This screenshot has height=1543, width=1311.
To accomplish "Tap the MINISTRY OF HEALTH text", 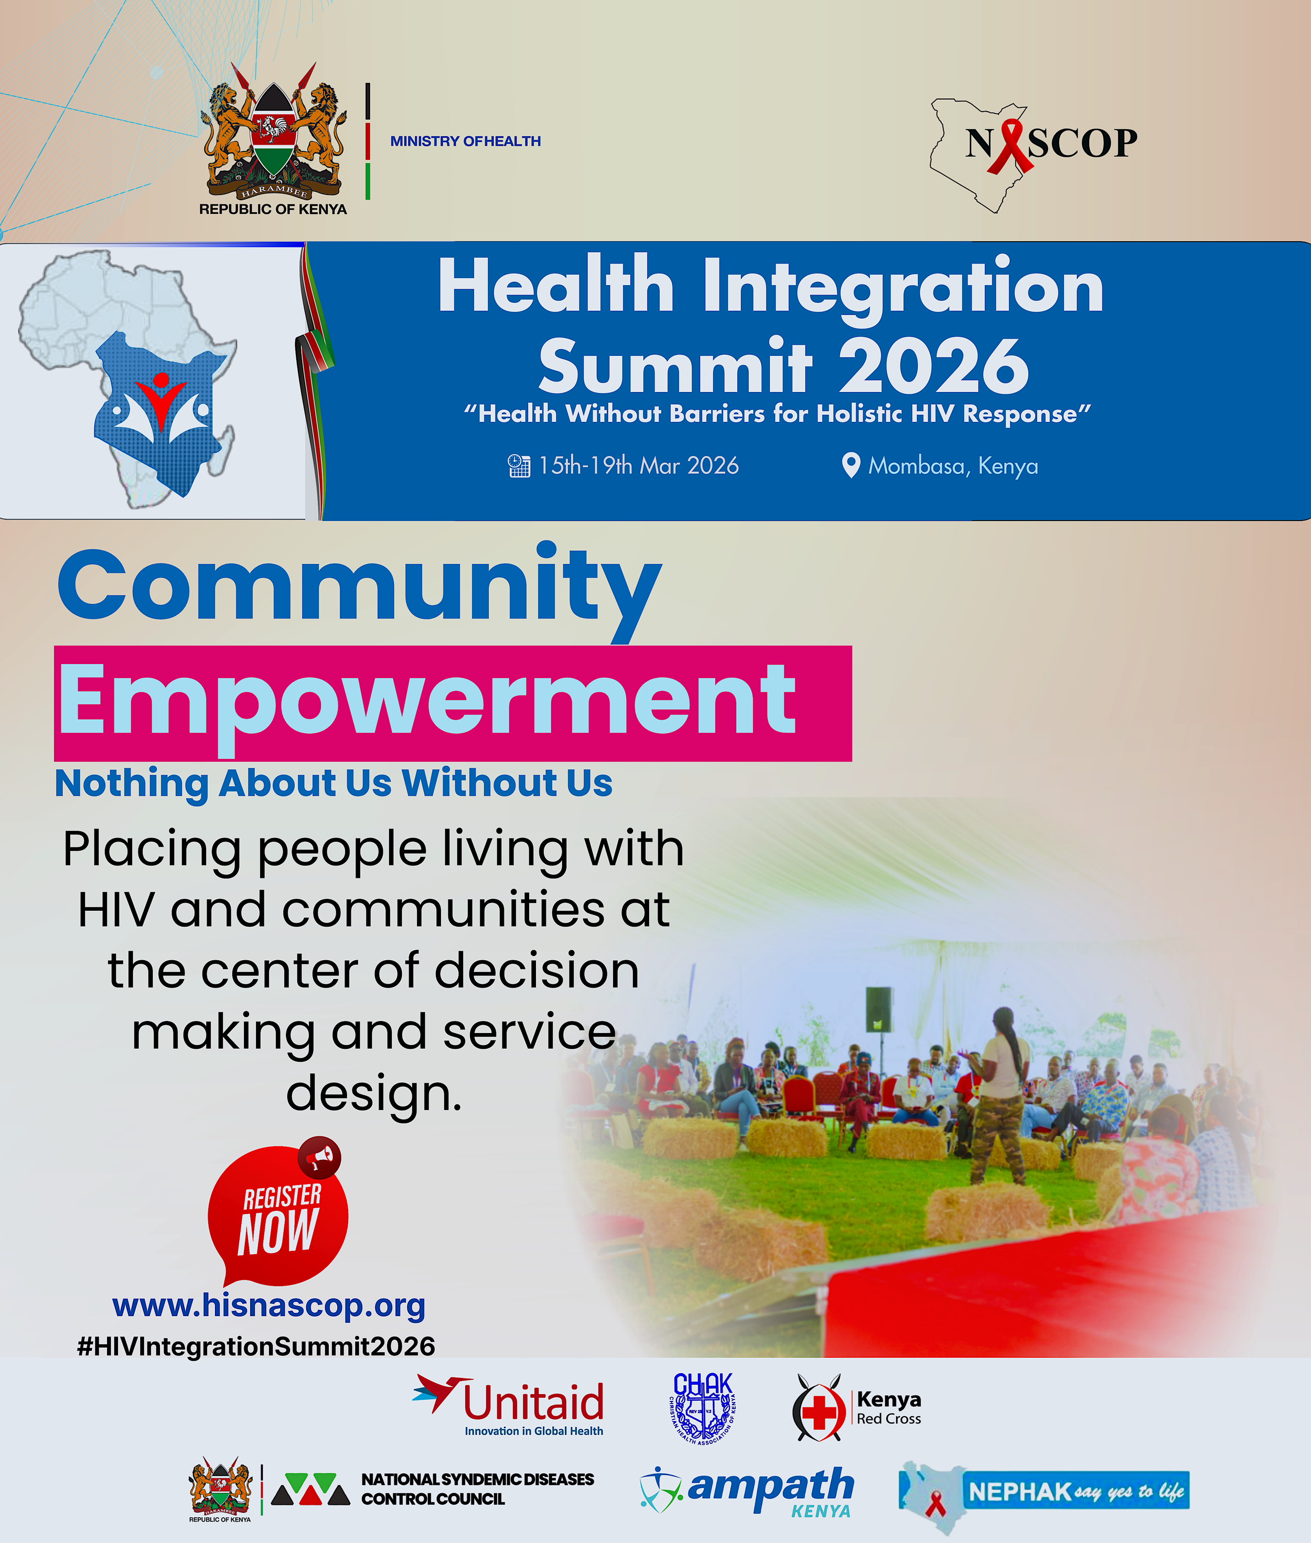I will [x=465, y=141].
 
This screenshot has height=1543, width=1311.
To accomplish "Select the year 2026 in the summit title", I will [x=934, y=365].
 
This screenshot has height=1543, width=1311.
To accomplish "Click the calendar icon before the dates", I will [x=519, y=466].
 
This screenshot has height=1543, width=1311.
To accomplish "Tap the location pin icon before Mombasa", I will [x=850, y=465].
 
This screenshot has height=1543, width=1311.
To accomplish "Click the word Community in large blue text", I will [x=359, y=587].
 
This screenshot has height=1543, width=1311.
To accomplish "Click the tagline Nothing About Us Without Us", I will [x=334, y=783].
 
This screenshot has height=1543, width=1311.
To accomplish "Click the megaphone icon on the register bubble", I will [x=320, y=1157].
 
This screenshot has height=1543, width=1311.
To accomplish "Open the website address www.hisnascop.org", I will [x=268, y=1305].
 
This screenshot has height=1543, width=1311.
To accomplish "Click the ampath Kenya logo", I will [x=747, y=1490].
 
